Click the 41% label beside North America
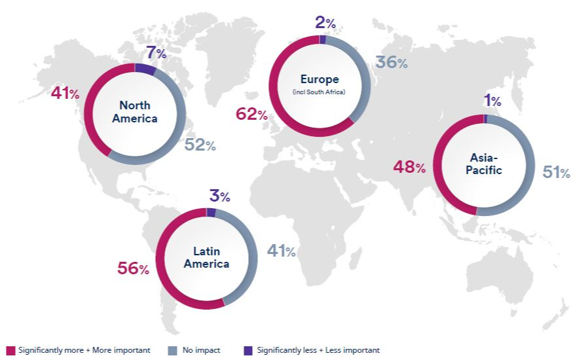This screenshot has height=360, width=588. (x=65, y=94)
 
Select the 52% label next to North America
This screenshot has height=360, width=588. (x=200, y=145)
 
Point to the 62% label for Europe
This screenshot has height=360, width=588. (x=251, y=115)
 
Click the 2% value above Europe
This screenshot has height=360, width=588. (x=325, y=23)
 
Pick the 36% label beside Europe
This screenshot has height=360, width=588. (x=392, y=63)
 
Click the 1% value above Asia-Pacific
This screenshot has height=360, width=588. (x=492, y=101)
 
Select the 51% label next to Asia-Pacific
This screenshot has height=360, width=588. (x=557, y=173)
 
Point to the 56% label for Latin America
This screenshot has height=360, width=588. (x=134, y=268)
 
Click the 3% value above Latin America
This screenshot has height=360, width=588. (x=219, y=196)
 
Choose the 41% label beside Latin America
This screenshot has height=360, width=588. (x=281, y=251)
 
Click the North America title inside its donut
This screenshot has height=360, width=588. (x=135, y=112)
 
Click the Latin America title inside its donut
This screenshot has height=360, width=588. (x=206, y=258)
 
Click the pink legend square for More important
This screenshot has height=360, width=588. (x=10, y=351)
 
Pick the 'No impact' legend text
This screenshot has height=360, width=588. (x=201, y=351)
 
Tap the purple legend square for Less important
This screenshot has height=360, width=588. (x=247, y=351)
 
